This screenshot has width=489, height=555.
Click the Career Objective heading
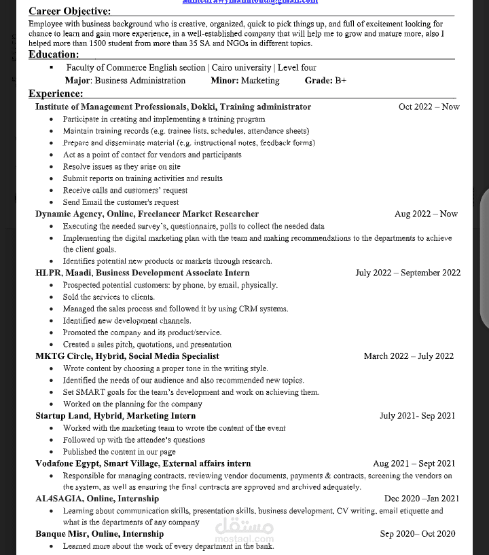69,12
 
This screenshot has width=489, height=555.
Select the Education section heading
54,54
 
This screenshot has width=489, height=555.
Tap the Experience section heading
56,94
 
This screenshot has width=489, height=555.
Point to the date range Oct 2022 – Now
429,107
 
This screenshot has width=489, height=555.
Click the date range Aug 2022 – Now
426,214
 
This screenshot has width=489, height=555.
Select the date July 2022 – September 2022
407,273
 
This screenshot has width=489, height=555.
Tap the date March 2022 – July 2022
408,356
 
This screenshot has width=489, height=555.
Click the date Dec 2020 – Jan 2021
421,499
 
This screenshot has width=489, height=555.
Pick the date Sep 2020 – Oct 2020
417,534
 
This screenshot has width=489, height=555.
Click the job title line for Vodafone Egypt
143,463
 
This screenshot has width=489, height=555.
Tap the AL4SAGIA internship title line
97,499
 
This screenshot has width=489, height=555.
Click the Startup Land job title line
115,416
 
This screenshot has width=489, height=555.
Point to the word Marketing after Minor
259,80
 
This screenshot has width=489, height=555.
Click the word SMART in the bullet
90,392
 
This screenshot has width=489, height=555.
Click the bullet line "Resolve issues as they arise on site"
122,166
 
